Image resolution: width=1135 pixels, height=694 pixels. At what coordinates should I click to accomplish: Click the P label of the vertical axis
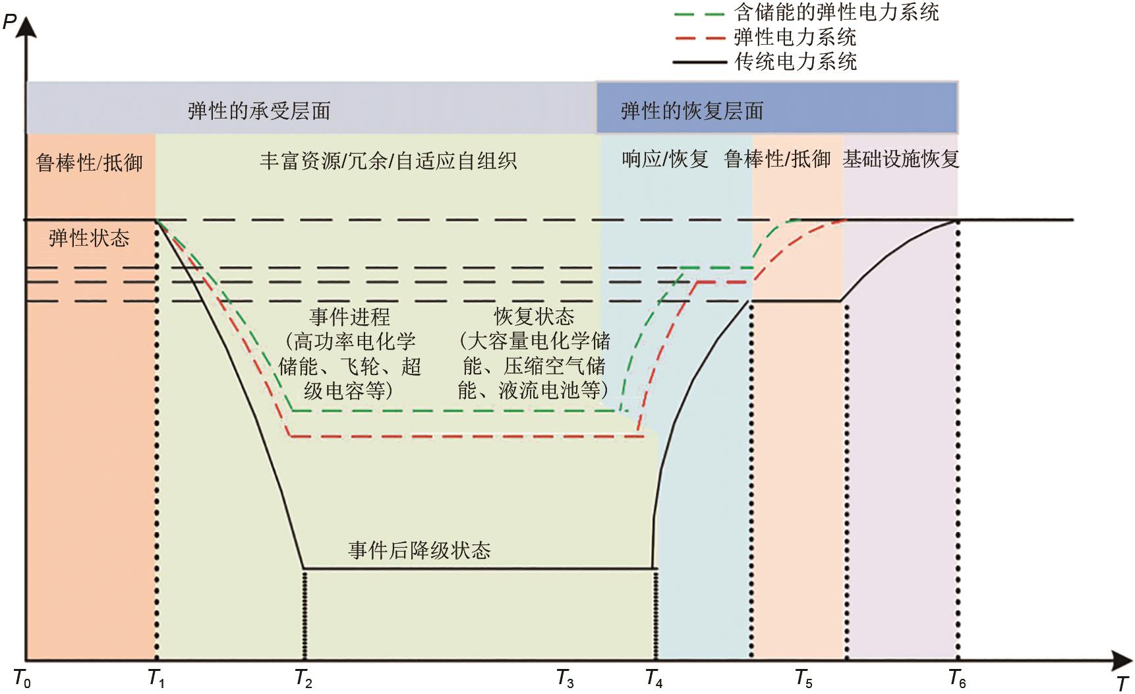9,22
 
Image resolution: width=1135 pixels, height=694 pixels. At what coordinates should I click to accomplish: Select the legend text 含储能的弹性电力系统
836,12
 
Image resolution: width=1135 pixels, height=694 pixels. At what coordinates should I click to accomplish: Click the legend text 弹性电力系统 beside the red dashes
795,37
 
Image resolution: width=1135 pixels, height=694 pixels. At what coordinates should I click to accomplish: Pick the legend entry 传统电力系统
795,62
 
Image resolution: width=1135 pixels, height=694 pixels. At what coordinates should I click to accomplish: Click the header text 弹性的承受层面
259,111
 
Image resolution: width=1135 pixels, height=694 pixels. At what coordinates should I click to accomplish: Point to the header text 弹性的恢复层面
691,111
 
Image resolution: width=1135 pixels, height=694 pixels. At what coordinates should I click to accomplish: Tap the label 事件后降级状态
419,550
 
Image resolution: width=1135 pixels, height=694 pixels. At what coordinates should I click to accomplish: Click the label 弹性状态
89,238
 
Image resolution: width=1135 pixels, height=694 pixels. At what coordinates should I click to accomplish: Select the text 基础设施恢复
900,159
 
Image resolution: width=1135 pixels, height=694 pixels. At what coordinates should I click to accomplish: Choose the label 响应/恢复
664,159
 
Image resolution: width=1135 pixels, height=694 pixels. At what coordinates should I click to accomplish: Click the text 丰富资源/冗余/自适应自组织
388,161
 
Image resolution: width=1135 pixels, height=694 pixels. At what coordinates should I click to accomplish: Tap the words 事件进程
349,317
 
